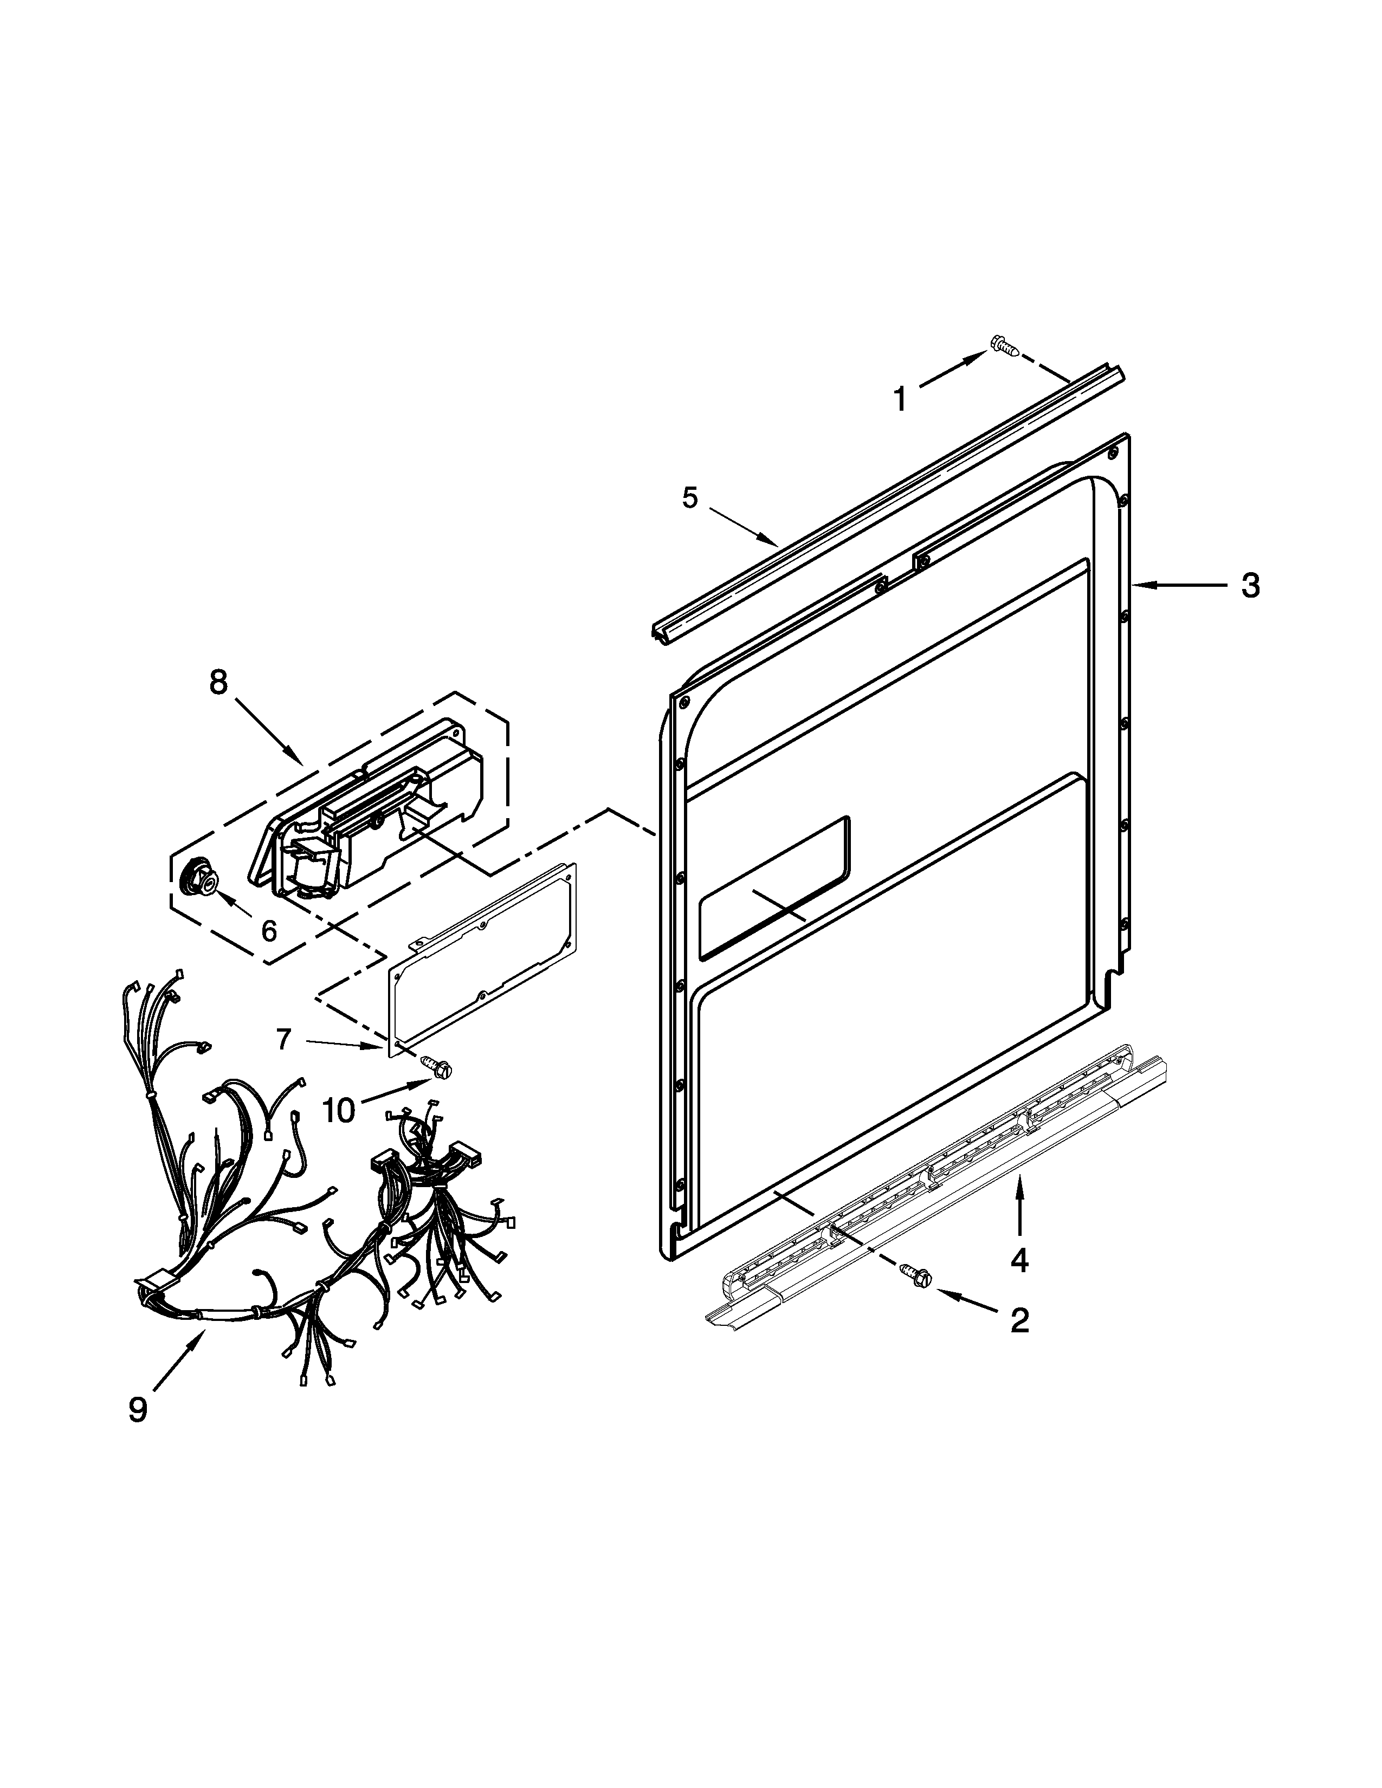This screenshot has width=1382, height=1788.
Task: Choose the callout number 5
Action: [x=690, y=497]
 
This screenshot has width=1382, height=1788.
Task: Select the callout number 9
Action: [x=138, y=1408]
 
